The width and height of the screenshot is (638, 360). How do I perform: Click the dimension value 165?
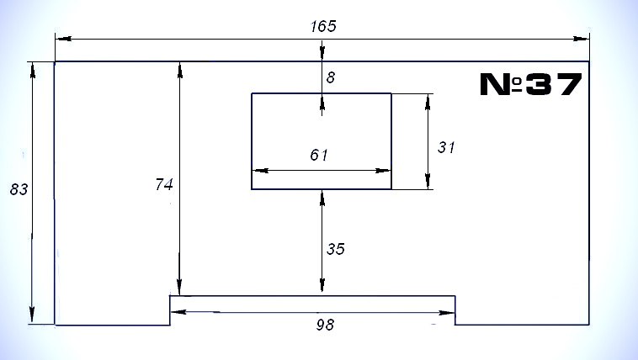[323, 26]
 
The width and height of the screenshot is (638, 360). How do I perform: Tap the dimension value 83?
[19, 189]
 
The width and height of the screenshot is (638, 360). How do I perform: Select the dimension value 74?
[164, 185]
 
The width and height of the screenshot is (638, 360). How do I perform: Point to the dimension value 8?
[331, 77]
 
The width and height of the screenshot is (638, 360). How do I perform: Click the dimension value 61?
[319, 155]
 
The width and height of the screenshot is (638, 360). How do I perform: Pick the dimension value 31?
[446, 147]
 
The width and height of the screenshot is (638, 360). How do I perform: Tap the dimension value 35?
[336, 249]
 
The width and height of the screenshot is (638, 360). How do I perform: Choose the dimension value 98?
[325, 325]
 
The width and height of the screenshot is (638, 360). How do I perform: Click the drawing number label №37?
[531, 84]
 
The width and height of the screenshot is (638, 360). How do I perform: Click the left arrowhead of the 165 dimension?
[64, 39]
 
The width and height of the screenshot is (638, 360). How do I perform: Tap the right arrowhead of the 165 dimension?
[580, 39]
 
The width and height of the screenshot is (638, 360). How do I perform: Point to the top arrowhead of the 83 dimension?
[33, 71]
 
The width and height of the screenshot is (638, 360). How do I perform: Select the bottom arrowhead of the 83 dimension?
[32, 315]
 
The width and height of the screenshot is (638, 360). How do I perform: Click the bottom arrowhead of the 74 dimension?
[179, 287]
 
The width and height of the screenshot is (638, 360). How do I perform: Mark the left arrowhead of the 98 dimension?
[178, 312]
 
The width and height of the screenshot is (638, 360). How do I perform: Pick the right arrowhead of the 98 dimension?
[446, 313]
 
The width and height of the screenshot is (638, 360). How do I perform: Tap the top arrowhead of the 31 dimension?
[428, 103]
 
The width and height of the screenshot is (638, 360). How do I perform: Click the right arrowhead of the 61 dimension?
[382, 171]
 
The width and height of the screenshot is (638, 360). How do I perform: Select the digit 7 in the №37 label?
[569, 85]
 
